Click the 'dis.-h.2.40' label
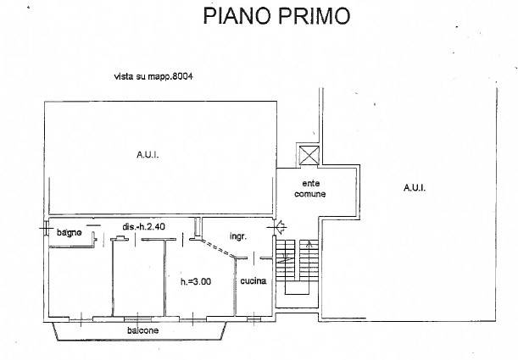pos(144,227)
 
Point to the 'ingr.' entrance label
pos(237,236)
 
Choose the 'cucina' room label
pos(253,281)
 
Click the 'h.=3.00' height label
pos(195,282)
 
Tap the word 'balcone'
pos(142,330)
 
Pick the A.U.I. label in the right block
pos(415,188)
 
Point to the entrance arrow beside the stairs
pos(282,225)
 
